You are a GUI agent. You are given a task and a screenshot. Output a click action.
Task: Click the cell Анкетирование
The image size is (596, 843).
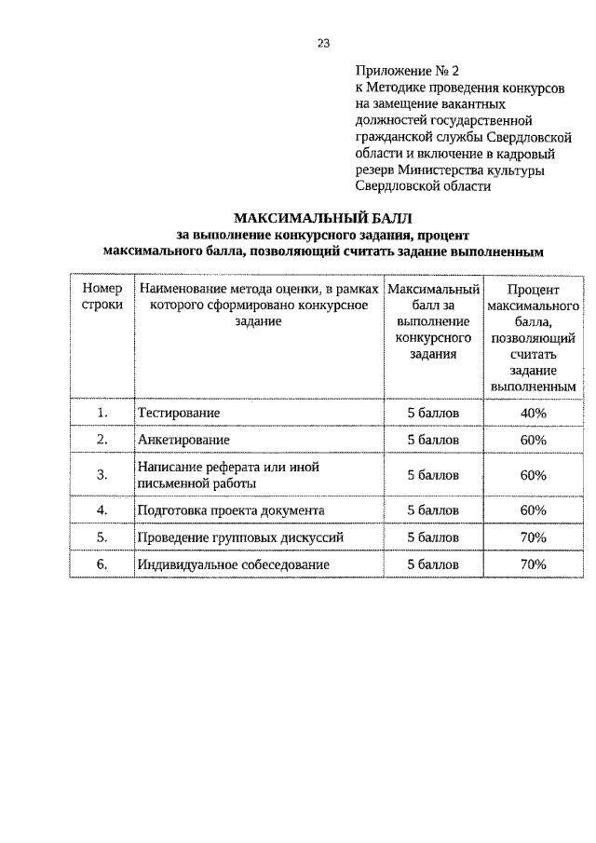(x=183, y=439)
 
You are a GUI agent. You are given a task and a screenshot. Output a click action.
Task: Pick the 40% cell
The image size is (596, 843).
(x=534, y=412)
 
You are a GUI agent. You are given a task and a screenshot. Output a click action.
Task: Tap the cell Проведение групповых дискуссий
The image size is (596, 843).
(x=240, y=537)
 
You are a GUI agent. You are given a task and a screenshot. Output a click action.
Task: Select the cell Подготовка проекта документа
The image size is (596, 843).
(x=230, y=510)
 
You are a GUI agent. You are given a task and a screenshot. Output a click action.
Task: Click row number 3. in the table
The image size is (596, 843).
(x=102, y=475)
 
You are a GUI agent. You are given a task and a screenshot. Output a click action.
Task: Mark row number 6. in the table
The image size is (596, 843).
(x=102, y=564)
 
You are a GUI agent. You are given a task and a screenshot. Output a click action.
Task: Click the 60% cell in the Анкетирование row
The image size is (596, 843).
(x=534, y=439)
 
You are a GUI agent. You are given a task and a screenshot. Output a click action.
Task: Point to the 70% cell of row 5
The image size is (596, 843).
(x=534, y=537)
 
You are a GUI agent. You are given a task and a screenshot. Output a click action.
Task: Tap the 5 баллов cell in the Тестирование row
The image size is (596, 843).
(x=434, y=412)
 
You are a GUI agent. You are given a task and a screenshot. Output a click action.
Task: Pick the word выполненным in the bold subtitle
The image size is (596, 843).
(x=499, y=252)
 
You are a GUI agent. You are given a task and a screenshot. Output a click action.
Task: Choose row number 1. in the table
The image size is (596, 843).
(x=102, y=412)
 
